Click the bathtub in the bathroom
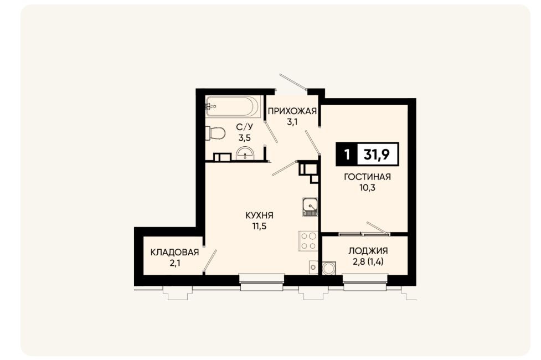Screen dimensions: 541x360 click(233, 107)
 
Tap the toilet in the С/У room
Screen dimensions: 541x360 click(215, 133)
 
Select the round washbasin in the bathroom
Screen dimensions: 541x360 click(245, 153)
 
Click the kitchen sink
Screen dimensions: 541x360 click(310, 207)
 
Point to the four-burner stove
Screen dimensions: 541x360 click(308, 241)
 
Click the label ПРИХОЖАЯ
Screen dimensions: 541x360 click(292, 111)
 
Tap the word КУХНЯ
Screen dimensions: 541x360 click(259, 216)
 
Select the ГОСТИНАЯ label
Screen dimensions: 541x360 click(367, 177)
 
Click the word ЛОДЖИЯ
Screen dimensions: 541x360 click(368, 251)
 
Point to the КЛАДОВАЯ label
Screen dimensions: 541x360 click(174, 253)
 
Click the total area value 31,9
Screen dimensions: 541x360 click(377, 155)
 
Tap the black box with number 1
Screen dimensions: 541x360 click(347, 155)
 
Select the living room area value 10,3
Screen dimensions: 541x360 click(367, 188)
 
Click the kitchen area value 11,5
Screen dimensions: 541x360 click(259, 227)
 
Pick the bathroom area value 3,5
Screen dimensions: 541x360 click(244, 138)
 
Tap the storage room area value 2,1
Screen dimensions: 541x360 click(175, 264)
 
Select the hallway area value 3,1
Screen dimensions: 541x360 click(292, 122)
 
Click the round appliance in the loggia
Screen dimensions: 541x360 click(329, 268)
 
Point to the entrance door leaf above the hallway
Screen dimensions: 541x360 click(293, 82)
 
